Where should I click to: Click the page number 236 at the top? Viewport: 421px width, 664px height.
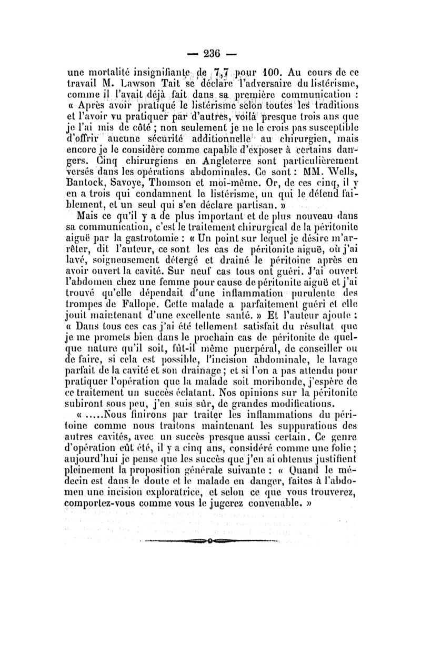(x=210, y=53)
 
